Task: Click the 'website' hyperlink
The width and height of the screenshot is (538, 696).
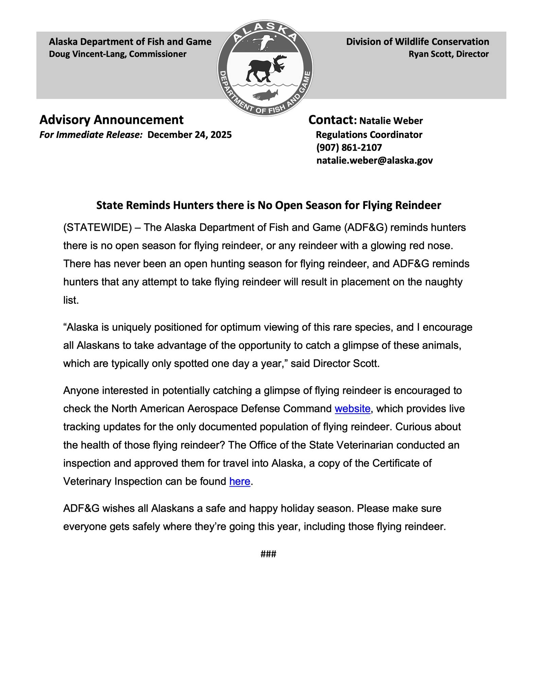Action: [x=352, y=408]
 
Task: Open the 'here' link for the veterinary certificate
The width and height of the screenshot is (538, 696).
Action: [x=240, y=481]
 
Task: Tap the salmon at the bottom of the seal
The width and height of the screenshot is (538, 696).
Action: [x=265, y=94]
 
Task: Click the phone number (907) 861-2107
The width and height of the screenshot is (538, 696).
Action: [x=349, y=147]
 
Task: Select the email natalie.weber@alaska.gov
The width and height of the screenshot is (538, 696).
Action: [x=375, y=160]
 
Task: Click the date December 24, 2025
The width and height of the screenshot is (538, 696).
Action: [x=190, y=135]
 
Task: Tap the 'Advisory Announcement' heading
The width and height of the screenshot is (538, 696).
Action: [x=111, y=120]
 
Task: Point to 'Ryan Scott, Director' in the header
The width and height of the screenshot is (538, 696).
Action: [x=448, y=54]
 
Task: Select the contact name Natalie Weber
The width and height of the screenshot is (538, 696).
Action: [x=391, y=121]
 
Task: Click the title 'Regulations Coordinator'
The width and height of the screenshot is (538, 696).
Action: [x=369, y=135]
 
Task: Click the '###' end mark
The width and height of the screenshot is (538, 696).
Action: [x=268, y=554]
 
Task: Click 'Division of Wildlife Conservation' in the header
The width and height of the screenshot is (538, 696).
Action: [x=417, y=42]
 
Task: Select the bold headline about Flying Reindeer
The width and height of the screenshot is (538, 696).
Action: [x=268, y=205]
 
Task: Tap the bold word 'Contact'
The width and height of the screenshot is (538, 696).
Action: [x=331, y=120]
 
